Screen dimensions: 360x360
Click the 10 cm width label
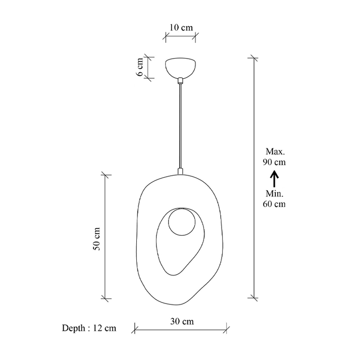[x=180, y=27]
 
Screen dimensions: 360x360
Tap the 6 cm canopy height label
[x=141, y=66]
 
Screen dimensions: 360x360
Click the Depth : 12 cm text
[x=89, y=328]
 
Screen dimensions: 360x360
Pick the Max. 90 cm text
[x=274, y=157]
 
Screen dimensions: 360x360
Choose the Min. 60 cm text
[x=274, y=199]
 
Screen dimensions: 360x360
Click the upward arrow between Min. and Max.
[x=274, y=179]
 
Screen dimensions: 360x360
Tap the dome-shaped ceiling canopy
[x=180, y=67]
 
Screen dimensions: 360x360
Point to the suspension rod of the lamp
[x=180, y=126]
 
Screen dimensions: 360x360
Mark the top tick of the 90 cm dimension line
[x=253, y=59]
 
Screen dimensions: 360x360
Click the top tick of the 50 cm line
[x=105, y=175]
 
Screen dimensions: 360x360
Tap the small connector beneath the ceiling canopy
[x=180, y=80]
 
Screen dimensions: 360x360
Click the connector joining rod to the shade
[x=180, y=172]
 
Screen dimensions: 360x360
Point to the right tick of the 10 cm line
[x=196, y=36]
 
